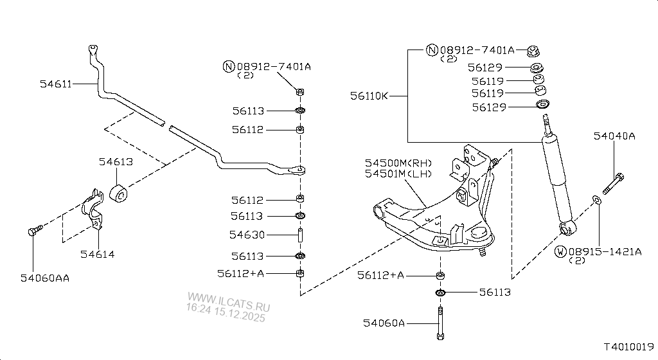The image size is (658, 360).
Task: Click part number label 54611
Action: (55, 84)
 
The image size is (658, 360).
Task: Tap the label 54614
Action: (97, 255)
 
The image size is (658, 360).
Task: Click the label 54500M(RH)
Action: (398, 163)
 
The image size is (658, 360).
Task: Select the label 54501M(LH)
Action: (398, 174)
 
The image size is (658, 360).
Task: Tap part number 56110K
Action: (369, 96)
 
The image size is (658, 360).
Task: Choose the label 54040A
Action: (614, 136)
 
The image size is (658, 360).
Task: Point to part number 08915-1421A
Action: (604, 251)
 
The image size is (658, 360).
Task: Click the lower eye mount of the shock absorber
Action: (567, 228)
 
